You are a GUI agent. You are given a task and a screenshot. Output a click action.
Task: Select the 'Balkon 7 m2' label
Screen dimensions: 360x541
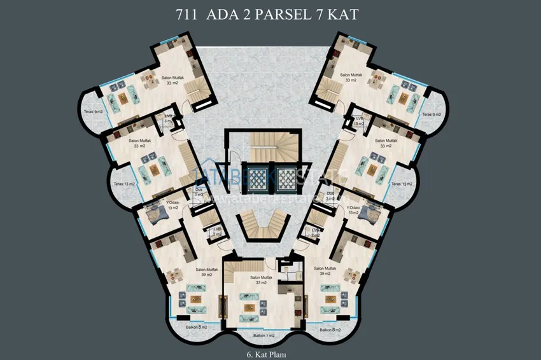(263, 335)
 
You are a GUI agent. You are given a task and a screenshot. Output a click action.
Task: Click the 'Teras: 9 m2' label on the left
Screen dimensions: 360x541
(94, 111)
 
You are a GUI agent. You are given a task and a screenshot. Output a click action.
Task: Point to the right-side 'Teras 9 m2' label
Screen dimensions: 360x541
(431, 114)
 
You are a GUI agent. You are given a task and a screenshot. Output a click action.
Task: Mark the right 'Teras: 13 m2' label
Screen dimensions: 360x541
(402, 184)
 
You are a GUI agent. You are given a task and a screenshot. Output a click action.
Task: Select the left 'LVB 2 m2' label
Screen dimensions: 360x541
(218, 232)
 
